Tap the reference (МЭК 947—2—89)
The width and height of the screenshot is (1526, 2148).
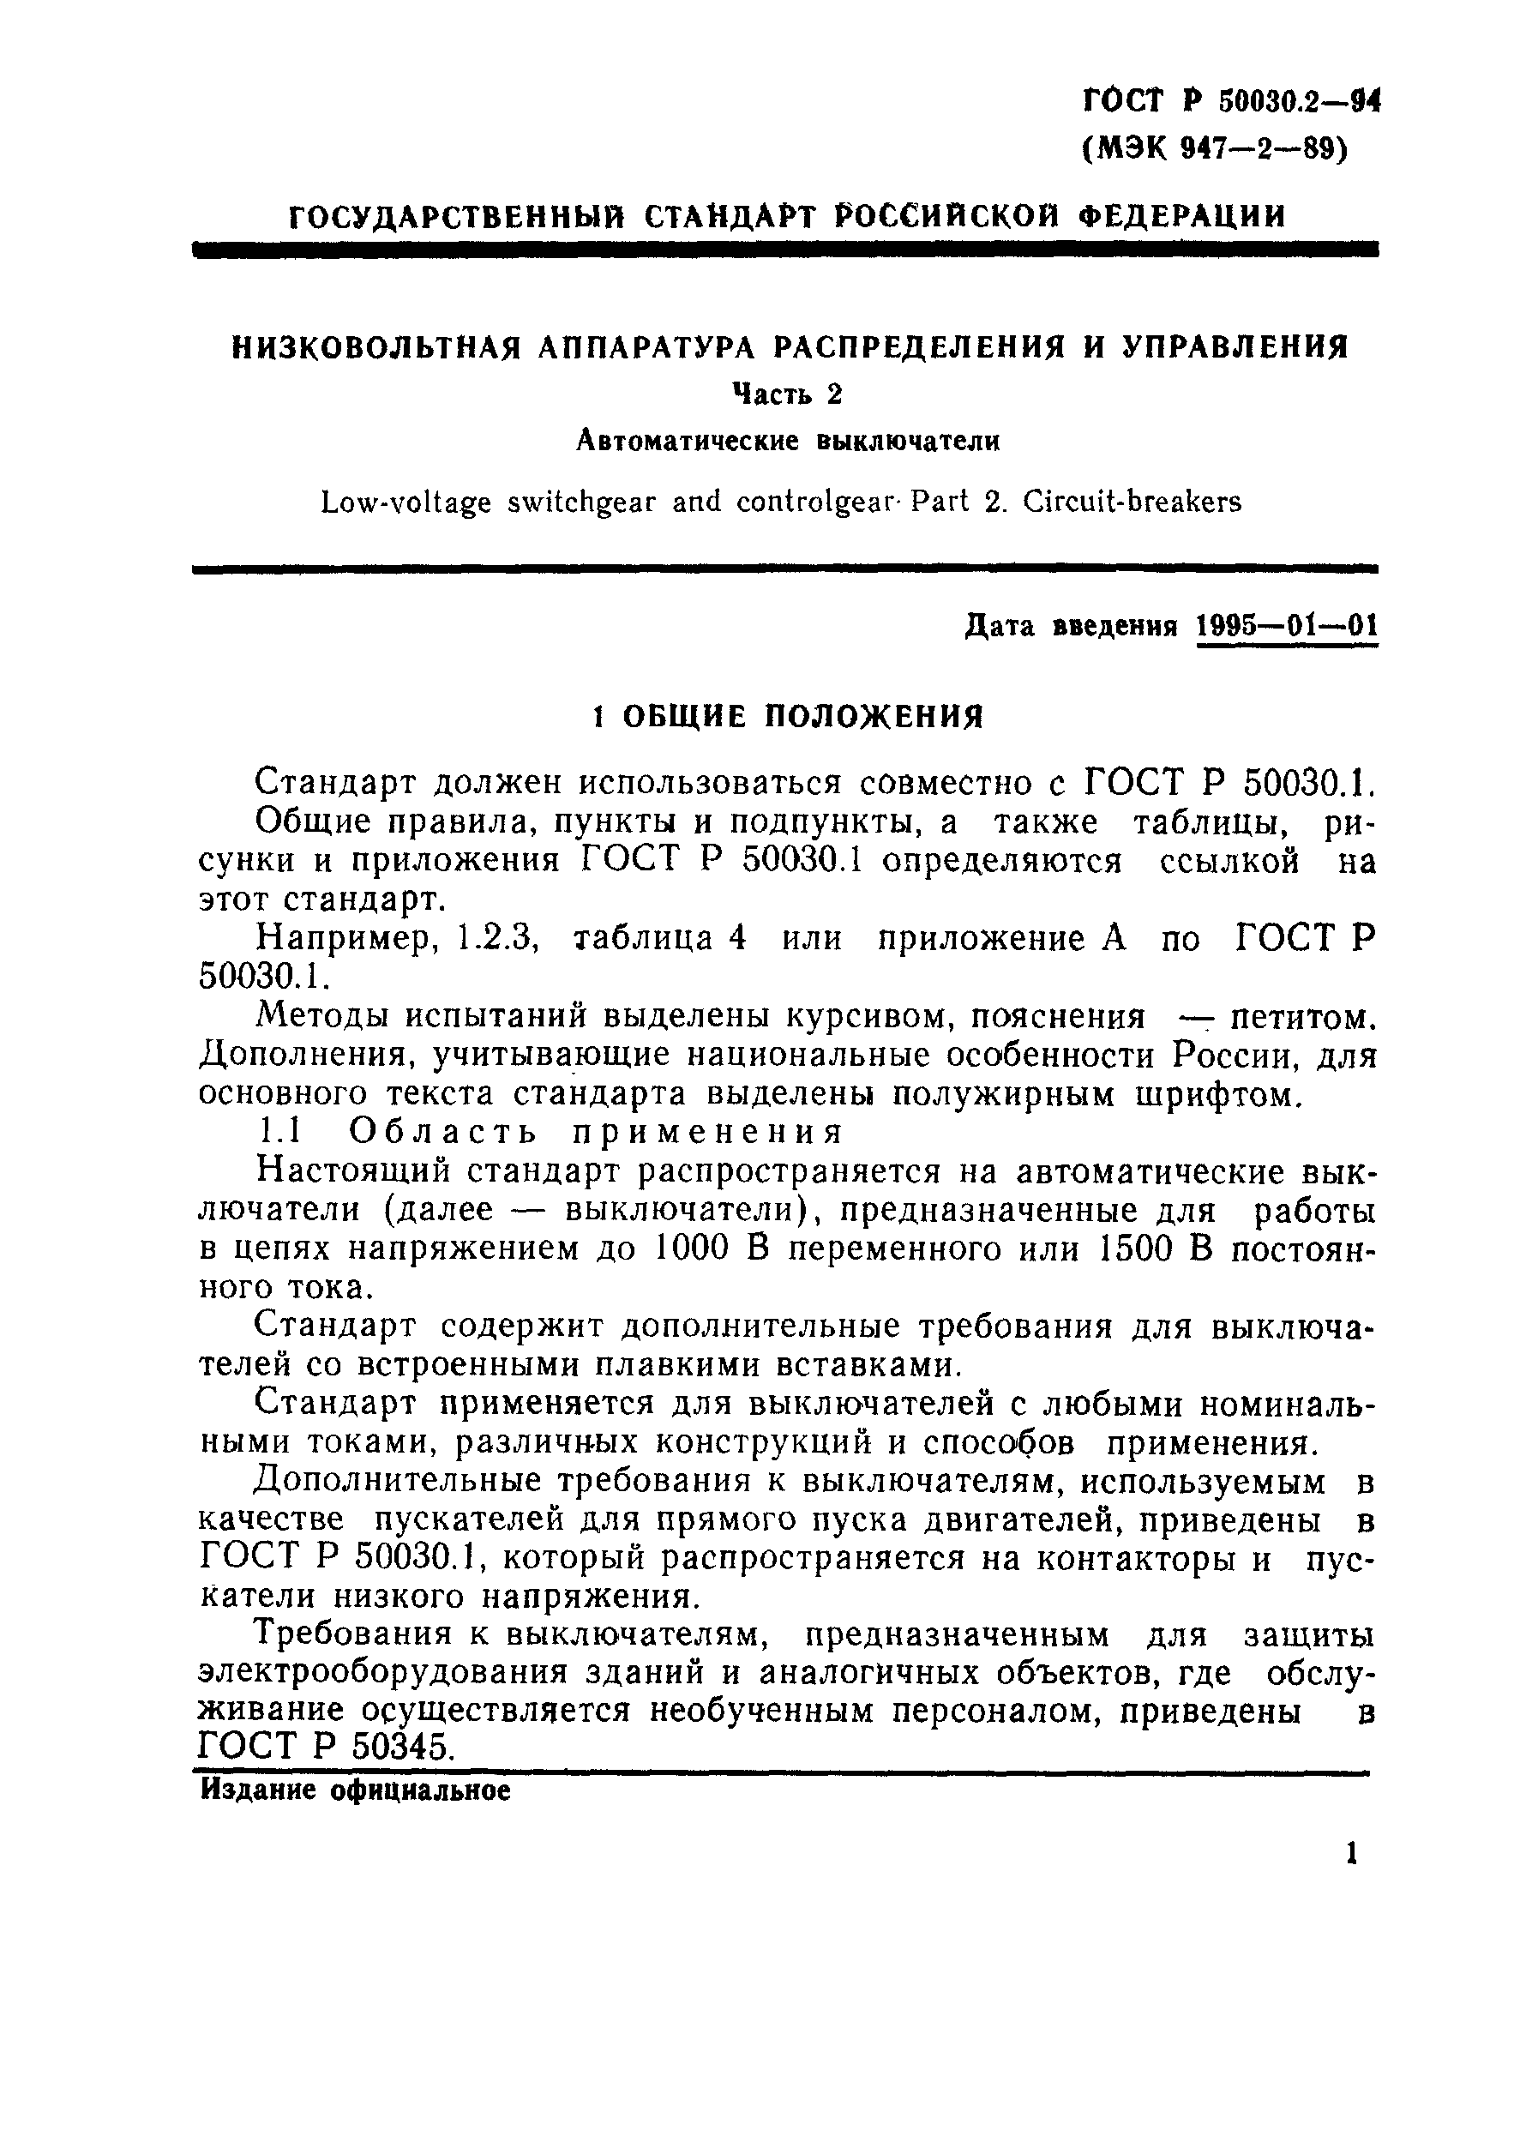(x=1215, y=149)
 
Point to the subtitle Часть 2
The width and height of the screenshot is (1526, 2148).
(x=786, y=395)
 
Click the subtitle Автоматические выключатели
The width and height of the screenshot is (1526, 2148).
(x=786, y=441)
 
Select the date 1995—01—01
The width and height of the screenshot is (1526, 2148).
(x=1287, y=627)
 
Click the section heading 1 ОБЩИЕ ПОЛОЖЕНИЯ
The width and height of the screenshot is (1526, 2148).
(x=787, y=718)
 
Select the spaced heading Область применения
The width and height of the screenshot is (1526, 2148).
(x=595, y=1132)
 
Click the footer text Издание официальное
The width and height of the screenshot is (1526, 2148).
(x=355, y=1791)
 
